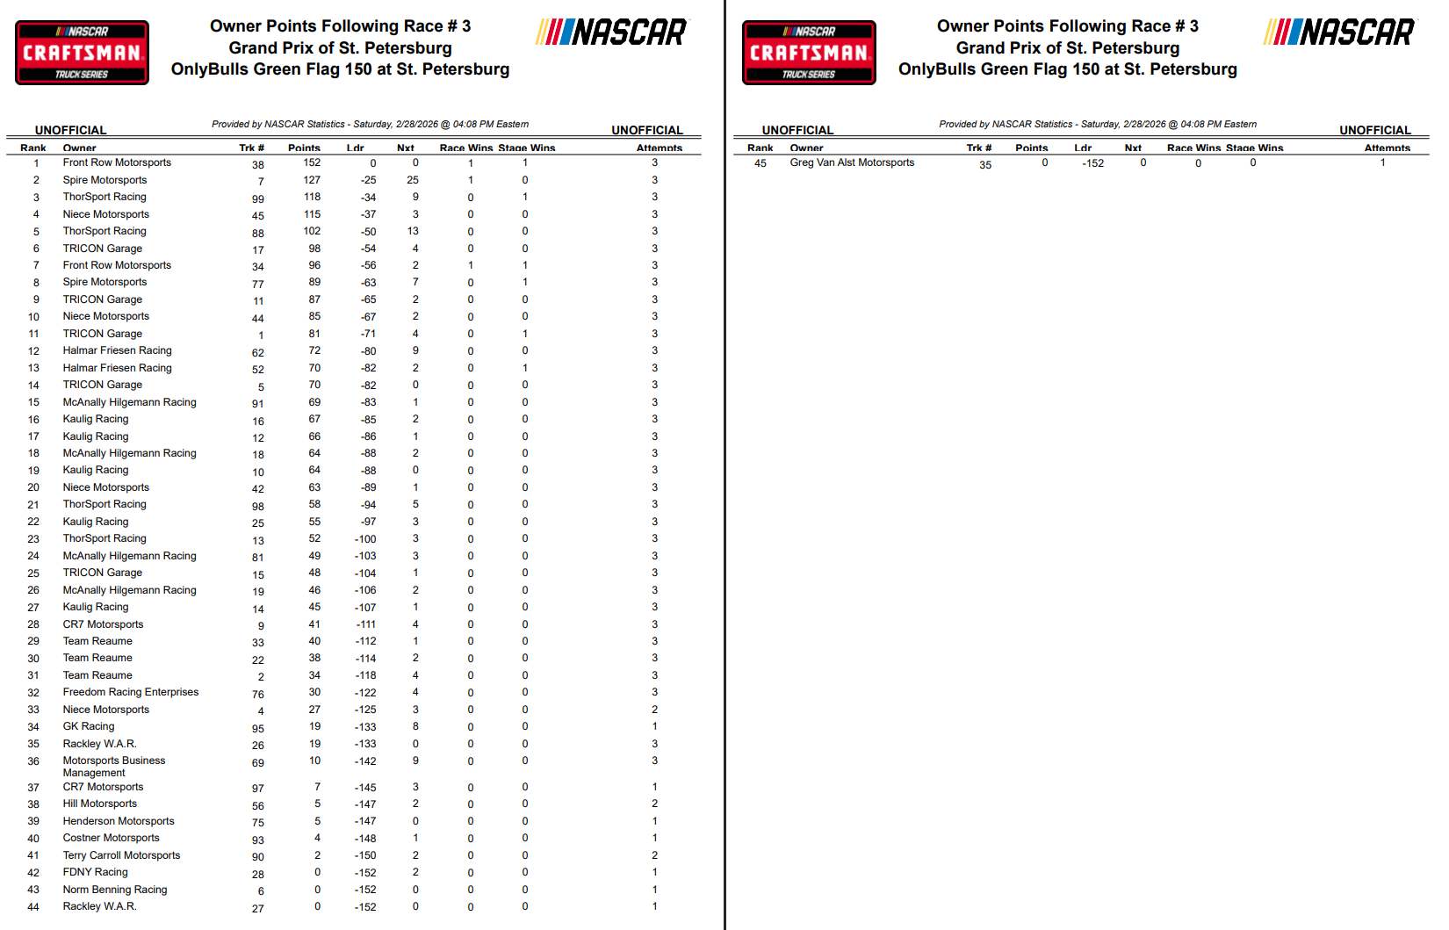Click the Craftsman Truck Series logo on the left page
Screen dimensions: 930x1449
pos(82,53)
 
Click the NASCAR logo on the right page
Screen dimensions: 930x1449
pos(1339,32)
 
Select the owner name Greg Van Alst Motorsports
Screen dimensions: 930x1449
pos(852,162)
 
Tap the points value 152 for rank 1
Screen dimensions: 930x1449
pos(312,162)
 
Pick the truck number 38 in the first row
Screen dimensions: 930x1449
pos(258,164)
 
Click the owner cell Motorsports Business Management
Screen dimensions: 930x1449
pos(113,767)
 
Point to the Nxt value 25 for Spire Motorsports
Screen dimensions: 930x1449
pos(413,180)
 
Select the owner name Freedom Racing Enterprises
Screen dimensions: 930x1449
pos(131,692)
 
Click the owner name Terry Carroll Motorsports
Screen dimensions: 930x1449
pos(121,855)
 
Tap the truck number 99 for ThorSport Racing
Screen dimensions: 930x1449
pos(258,198)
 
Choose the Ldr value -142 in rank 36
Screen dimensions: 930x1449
pos(365,761)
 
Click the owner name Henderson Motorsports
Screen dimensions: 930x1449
pos(119,821)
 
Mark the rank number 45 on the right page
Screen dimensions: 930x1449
pos(761,163)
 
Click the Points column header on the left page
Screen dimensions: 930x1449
pos(304,148)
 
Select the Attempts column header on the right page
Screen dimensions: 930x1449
pos(1387,148)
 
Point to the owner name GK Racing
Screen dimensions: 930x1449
pos(89,726)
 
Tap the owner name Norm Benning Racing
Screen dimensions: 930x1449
pos(115,890)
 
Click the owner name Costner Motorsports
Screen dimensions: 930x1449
pos(112,838)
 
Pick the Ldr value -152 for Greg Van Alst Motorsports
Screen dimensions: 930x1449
pos(1092,163)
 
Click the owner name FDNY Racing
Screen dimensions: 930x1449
pos(96,872)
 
